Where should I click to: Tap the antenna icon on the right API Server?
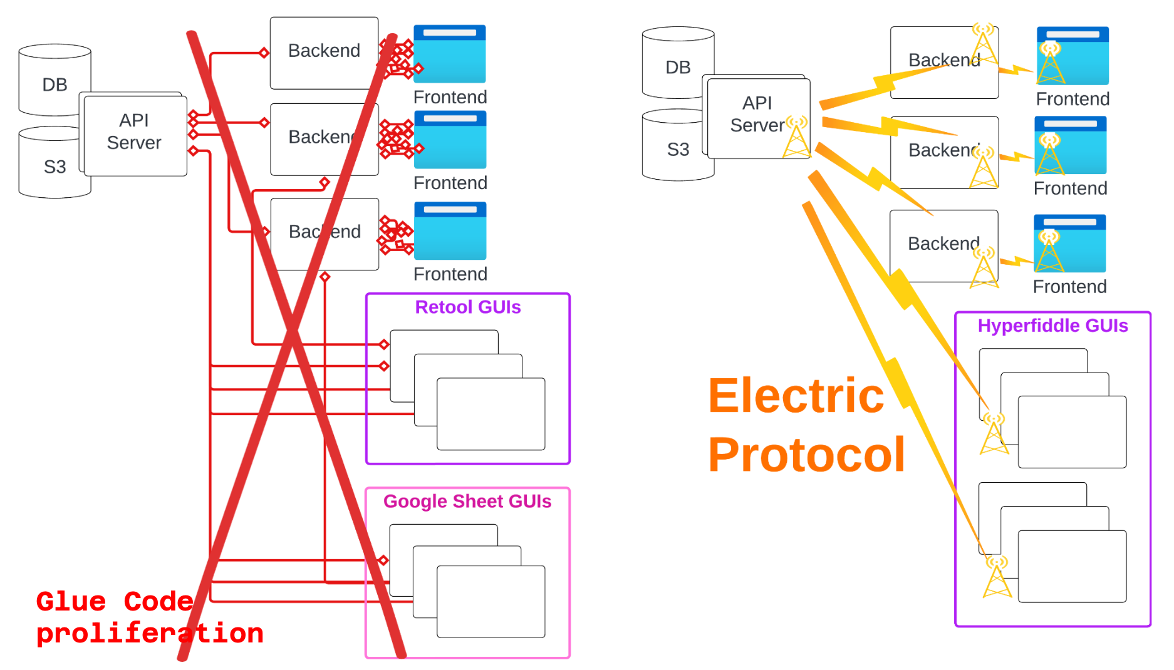pyautogui.click(x=796, y=137)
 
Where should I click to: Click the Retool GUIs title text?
pyautogui.click(x=467, y=307)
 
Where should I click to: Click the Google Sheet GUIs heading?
pyautogui.click(x=467, y=502)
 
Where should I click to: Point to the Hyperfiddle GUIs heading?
pyautogui.click(x=1052, y=326)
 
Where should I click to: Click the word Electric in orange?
pyautogui.click(x=796, y=396)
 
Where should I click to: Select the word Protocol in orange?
pyautogui.click(x=806, y=455)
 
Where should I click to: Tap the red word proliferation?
pyautogui.click(x=150, y=634)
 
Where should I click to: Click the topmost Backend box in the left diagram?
pyautogui.click(x=324, y=51)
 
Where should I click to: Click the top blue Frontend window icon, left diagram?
pyautogui.click(x=450, y=54)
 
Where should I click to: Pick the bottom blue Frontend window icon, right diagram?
pyautogui.click(x=1070, y=244)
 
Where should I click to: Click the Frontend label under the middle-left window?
pyautogui.click(x=450, y=183)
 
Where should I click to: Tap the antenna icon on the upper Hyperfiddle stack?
pyautogui.click(x=994, y=433)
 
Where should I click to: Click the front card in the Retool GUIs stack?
pyautogui.click(x=491, y=414)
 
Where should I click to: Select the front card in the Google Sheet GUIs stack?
pyautogui.click(x=491, y=602)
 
